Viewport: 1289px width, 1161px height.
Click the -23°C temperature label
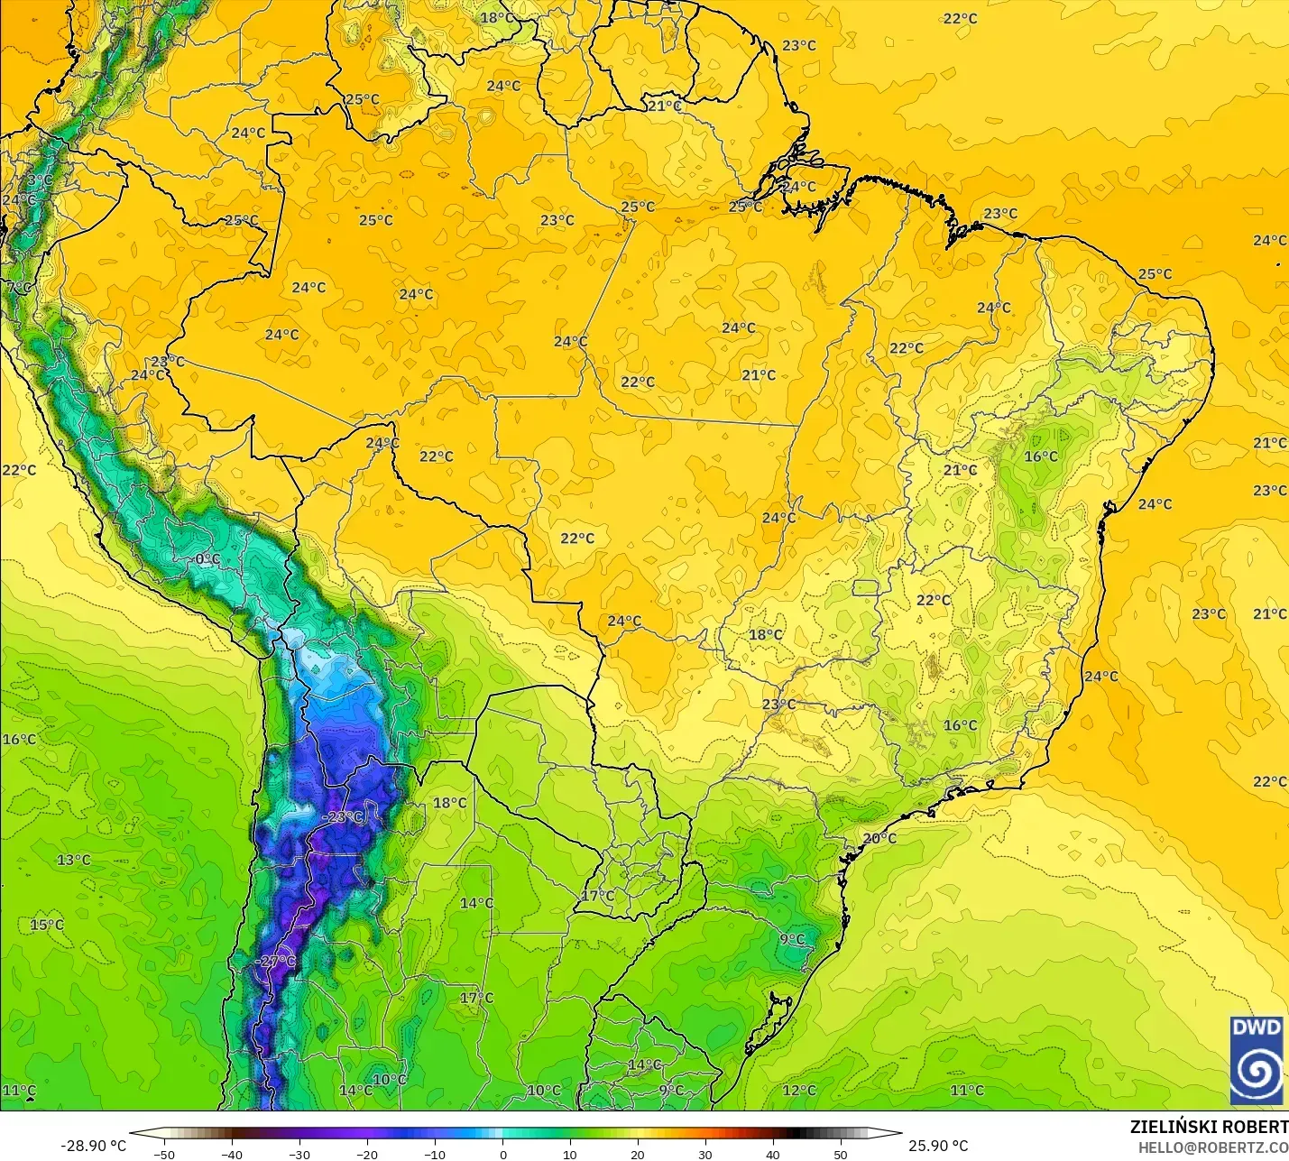(x=343, y=817)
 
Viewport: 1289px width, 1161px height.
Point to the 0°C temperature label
(x=207, y=559)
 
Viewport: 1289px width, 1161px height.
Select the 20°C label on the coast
(x=879, y=838)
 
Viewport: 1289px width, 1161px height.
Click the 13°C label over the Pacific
(x=74, y=860)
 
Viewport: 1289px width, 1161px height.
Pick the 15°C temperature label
(x=47, y=925)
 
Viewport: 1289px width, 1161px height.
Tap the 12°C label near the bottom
(x=799, y=1090)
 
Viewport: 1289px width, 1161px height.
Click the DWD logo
(x=1257, y=1060)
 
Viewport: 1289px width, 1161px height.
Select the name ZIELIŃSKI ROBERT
(x=1209, y=1128)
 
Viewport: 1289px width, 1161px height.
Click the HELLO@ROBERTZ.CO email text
(x=1212, y=1147)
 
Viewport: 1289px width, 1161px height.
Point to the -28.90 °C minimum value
(x=93, y=1146)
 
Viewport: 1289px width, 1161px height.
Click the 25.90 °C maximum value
(x=938, y=1146)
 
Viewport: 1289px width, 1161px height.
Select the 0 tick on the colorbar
(x=502, y=1155)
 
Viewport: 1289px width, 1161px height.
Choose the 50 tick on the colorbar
(x=841, y=1155)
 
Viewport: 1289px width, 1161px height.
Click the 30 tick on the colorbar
(x=705, y=1155)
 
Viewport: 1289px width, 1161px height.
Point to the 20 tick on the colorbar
(x=638, y=1155)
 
